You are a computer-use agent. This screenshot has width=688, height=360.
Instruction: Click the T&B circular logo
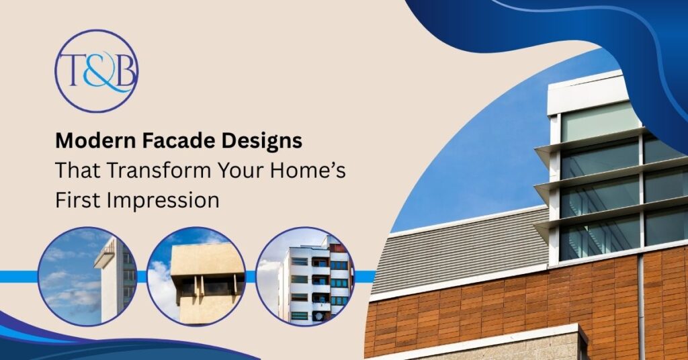coord(96,71)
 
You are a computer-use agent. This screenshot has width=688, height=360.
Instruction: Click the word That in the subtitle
coord(78,170)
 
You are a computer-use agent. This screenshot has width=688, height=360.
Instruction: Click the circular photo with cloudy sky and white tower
coord(87,276)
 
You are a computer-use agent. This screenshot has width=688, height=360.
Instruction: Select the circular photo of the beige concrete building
coord(196,276)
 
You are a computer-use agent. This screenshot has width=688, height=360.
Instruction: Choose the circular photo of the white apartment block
coord(305,276)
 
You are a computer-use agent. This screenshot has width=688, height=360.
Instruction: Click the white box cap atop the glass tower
coord(586,93)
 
